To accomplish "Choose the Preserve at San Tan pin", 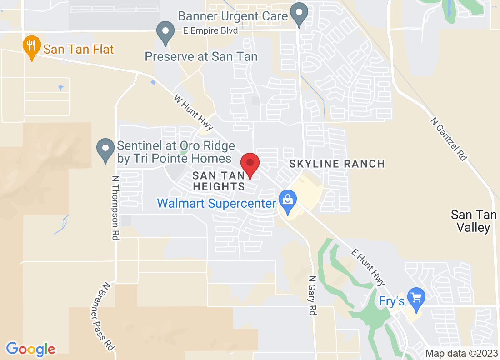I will coord(165,33).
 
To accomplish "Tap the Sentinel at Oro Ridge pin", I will coord(106,149).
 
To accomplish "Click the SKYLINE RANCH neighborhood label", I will coord(337,164).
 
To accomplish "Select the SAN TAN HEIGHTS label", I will coord(219,180).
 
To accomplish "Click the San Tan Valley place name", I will coord(474,220).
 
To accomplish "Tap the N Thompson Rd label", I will coord(115,208).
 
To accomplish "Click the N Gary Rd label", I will coord(312,295).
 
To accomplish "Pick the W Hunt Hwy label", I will coord(194,112).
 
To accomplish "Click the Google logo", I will coord(30,349).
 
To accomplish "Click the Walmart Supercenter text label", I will coord(216,203).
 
